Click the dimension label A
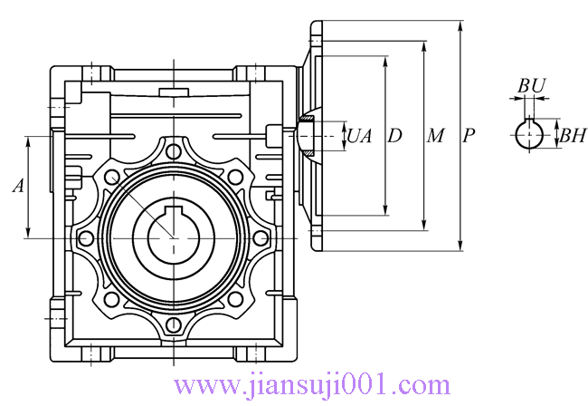17,186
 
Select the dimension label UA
359,136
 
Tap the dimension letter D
394,136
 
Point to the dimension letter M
435,136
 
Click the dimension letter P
469,136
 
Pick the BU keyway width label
531,85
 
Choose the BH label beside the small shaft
572,137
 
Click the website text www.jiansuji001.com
311,386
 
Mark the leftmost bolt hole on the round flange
86,238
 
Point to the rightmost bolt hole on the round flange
260,238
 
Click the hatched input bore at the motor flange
308,137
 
